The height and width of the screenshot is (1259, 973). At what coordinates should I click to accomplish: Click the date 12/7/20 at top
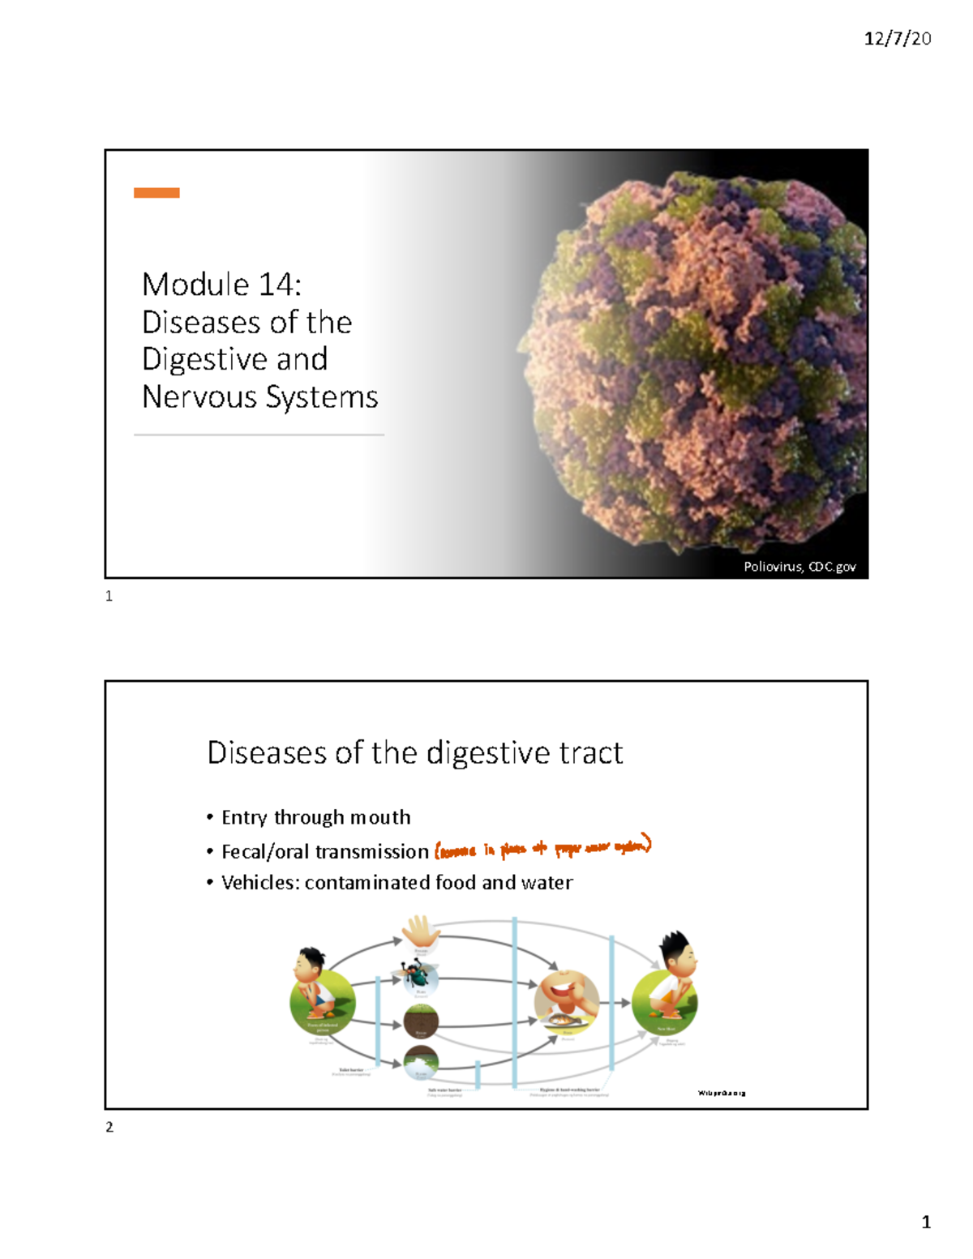pyautogui.click(x=897, y=38)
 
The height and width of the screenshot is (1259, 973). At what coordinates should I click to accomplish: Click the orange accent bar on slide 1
pyautogui.click(x=156, y=193)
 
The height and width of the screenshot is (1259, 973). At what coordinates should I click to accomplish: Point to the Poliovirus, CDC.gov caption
pyautogui.click(x=799, y=567)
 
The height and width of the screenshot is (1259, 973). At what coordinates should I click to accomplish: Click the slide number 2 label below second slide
pyautogui.click(x=109, y=1127)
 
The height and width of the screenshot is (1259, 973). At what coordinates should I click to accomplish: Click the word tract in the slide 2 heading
pyautogui.click(x=591, y=753)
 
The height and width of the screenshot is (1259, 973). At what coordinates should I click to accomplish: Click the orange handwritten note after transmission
pyautogui.click(x=542, y=848)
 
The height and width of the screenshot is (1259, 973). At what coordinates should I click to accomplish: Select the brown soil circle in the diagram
pyautogui.click(x=421, y=1021)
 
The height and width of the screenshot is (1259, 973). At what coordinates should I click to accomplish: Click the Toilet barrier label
pyautogui.click(x=351, y=1070)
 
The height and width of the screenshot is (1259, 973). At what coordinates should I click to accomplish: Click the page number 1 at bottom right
pyautogui.click(x=926, y=1222)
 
